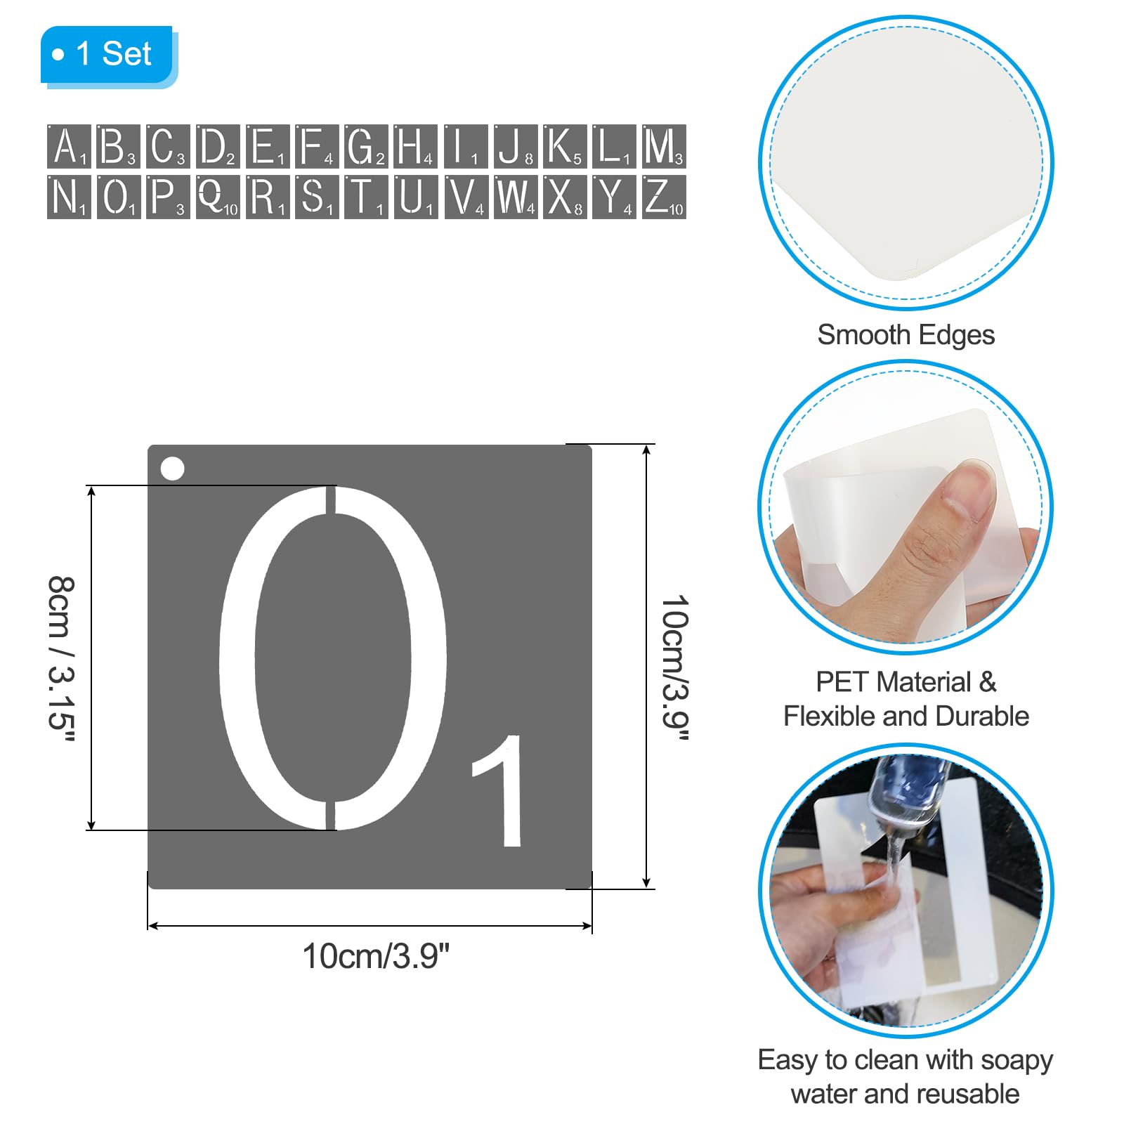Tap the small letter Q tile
218,197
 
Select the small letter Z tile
664,197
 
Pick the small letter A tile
69,146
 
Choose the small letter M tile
664,146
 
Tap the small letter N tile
69,197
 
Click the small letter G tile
366,146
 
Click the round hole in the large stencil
172,469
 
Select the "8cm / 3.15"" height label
62,658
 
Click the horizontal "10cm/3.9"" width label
376,956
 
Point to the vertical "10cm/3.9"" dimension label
675,668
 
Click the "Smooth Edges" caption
906,335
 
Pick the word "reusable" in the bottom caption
964,1094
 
